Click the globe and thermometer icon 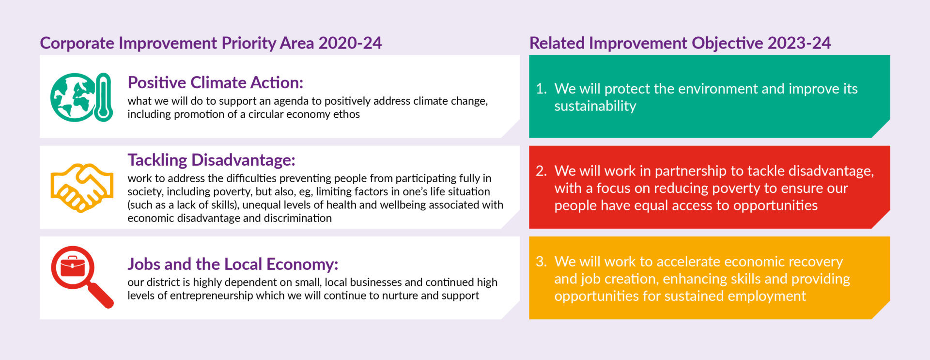tap(81, 97)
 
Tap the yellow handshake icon tap(82, 188)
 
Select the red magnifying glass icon tap(82, 277)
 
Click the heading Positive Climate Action tap(215, 82)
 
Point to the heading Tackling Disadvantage tap(211, 160)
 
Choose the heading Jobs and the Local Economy tap(232, 264)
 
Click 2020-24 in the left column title tap(350, 43)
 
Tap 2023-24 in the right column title tap(799, 43)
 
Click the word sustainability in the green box tap(595, 107)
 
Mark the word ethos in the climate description tap(347, 114)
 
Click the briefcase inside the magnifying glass tap(73, 266)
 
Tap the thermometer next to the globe tap(103, 97)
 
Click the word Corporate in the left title tap(77, 44)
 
